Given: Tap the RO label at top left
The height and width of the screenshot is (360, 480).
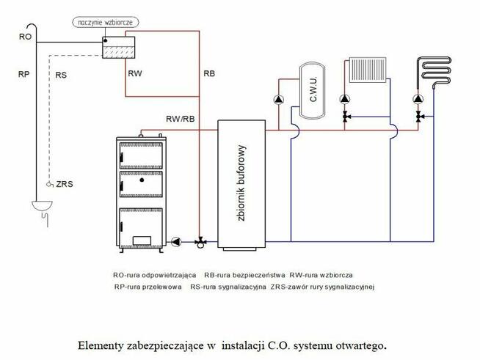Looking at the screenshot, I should [25, 36].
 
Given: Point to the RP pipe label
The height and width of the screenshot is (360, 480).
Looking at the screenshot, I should [25, 74].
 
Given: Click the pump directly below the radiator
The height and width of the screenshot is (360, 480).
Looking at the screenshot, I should [344, 100].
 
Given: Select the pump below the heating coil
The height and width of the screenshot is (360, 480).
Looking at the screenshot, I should [418, 100].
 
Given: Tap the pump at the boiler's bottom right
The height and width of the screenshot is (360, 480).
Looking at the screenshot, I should [176, 240].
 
